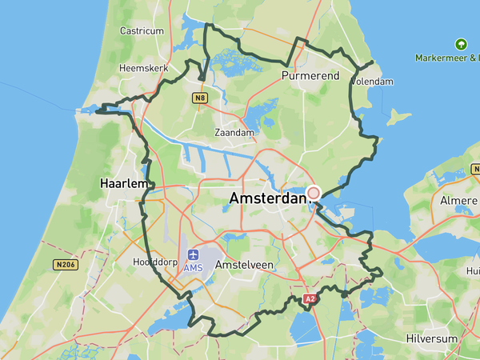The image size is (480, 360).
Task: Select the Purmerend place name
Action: [x=310, y=76]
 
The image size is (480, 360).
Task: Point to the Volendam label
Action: [x=373, y=81]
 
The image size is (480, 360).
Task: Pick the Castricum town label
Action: [x=142, y=31]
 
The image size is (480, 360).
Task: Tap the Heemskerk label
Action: [x=142, y=69]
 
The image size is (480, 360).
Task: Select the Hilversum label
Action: [x=431, y=338]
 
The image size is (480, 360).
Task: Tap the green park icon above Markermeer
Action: [x=460, y=44]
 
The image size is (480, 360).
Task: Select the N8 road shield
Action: [x=200, y=98]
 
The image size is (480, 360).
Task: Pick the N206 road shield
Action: [x=66, y=265]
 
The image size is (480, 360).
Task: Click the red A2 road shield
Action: [x=310, y=299]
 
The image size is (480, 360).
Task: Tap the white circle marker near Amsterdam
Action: [x=314, y=193]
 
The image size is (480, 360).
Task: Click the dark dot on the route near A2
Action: [x=344, y=294]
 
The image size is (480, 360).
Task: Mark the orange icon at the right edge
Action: [x=476, y=170]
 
